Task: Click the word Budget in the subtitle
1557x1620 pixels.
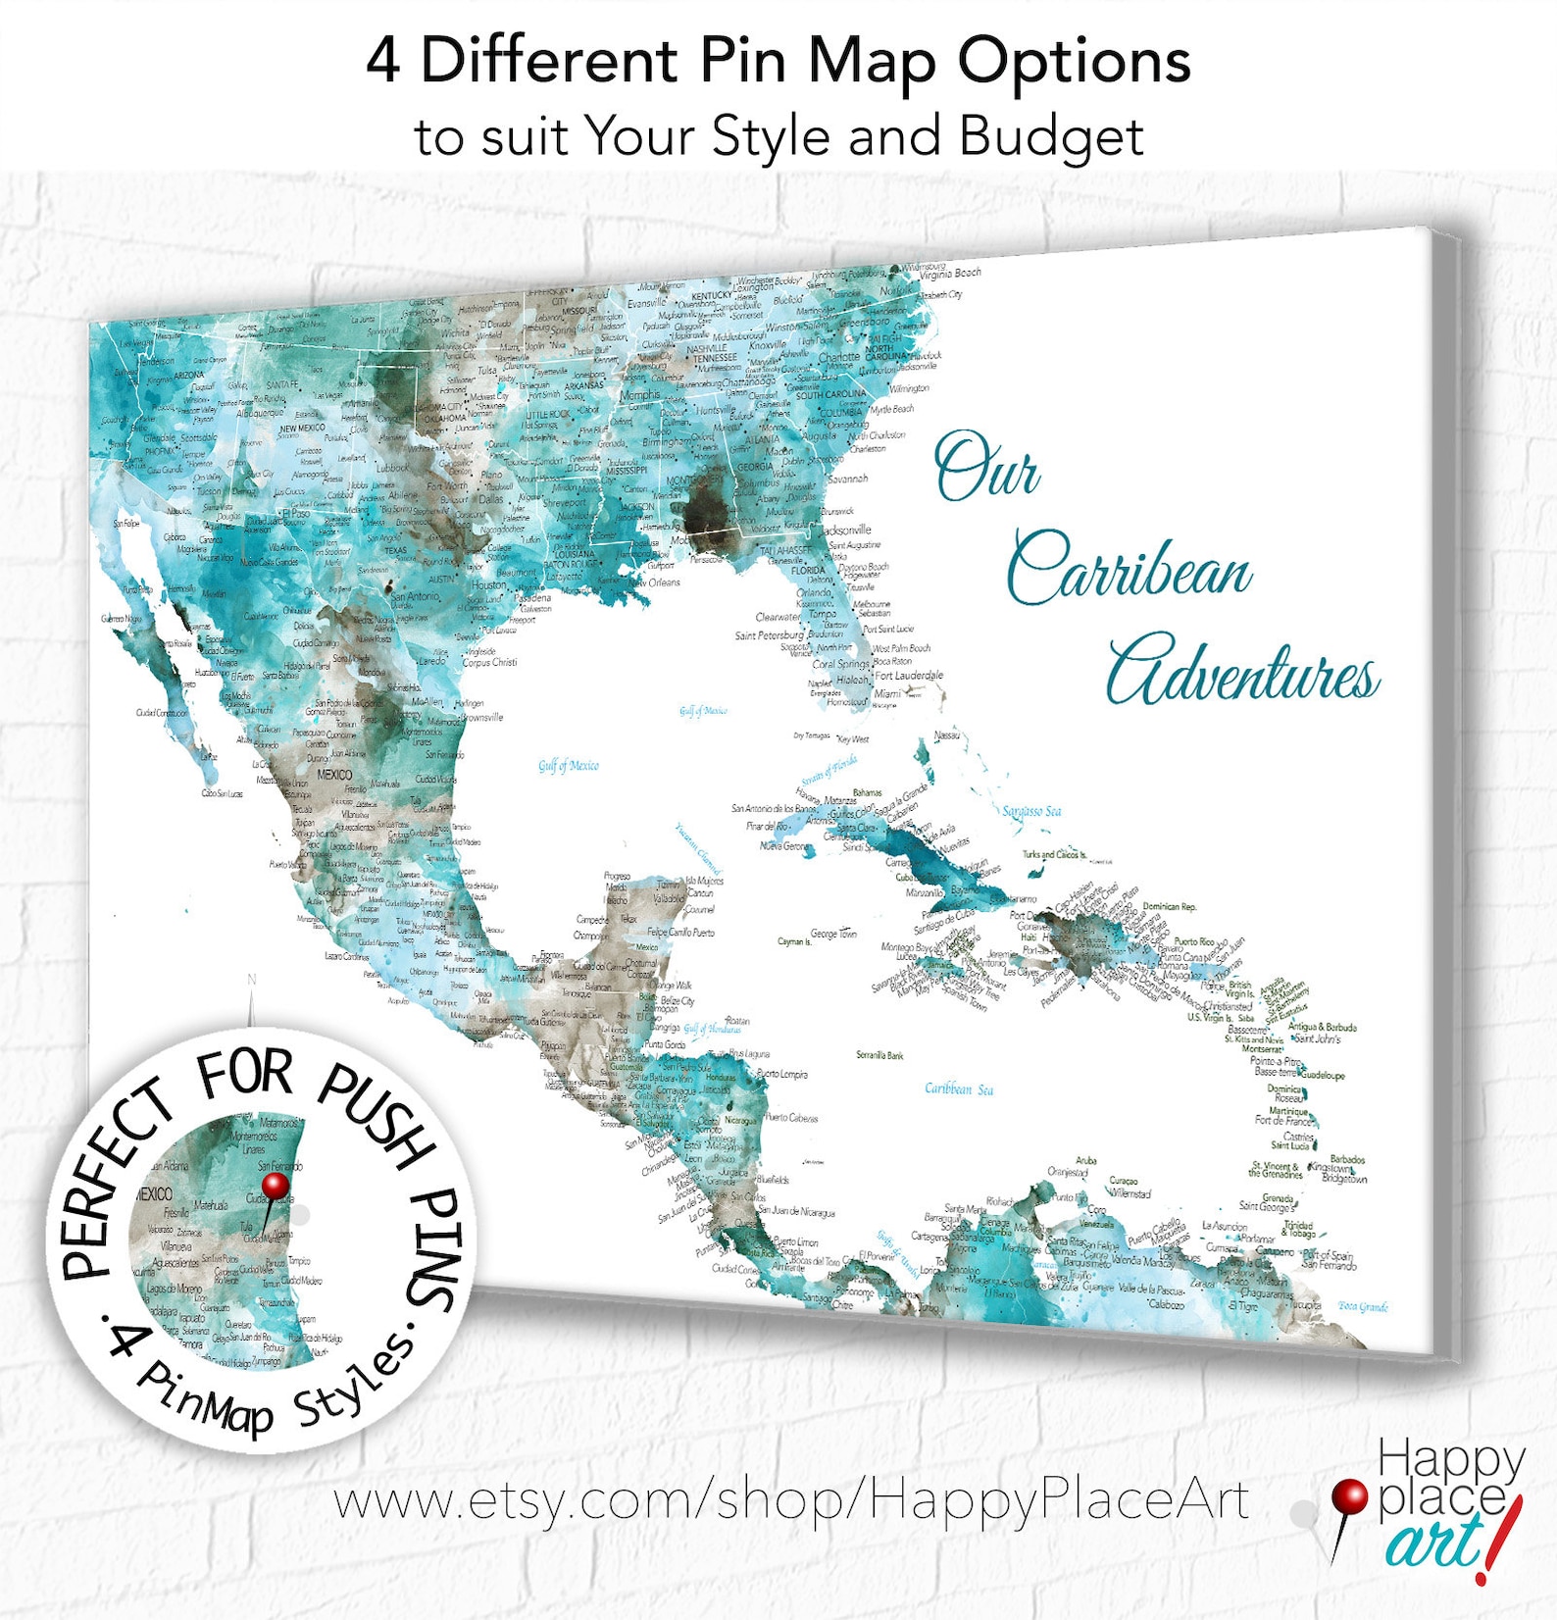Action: pos(1051,136)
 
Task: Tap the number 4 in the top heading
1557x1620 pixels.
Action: pos(383,61)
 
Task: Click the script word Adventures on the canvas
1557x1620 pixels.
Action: pos(1243,674)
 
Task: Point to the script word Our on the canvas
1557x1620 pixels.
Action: pos(985,467)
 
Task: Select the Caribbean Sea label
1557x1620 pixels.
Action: pos(958,1088)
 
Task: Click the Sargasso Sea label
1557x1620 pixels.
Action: pos(1031,811)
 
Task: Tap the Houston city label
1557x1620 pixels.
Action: pos(489,585)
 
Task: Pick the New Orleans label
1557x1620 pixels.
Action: pos(655,582)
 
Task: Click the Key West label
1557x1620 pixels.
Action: pos(852,738)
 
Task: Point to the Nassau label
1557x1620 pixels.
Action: pos(947,734)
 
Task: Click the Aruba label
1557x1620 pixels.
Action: pos(1085,1160)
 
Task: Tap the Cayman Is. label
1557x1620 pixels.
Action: pos(794,941)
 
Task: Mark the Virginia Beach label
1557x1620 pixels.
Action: pos(950,274)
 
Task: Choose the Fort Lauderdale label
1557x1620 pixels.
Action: pos(909,675)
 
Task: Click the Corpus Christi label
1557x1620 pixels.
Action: pos(490,662)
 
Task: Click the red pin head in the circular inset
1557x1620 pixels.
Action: pos(276,1186)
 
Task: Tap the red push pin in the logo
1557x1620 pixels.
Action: pos(1349,1498)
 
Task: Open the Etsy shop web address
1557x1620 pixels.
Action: pos(790,1501)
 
